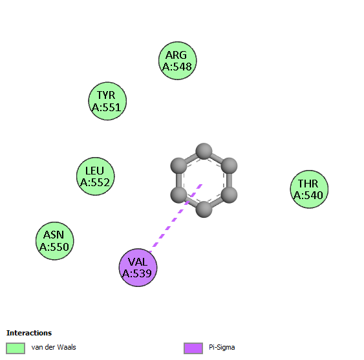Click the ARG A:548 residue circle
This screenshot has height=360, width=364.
point(178,61)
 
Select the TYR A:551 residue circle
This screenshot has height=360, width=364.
point(107,101)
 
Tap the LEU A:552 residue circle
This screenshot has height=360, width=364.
point(96,176)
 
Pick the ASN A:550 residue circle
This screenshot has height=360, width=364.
point(54,240)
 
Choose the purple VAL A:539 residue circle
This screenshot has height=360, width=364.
point(138,268)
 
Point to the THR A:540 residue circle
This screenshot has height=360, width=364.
point(309,189)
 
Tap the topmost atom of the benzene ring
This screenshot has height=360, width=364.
point(204,151)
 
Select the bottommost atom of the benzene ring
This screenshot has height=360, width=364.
point(204,209)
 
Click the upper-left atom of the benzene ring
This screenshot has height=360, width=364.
point(178,166)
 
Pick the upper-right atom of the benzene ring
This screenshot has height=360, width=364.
point(229,166)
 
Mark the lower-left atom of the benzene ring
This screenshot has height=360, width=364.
point(178,195)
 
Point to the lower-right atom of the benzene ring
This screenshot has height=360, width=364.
point(229,195)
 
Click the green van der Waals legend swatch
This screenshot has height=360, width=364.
point(16,348)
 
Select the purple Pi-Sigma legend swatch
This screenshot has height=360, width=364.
point(193,348)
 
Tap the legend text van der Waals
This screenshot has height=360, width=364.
point(54,347)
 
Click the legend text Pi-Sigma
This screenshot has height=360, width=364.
point(222,348)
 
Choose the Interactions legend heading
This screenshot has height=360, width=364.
point(29,333)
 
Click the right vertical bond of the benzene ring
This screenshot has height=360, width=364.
point(229,180)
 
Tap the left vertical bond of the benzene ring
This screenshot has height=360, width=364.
point(178,180)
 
